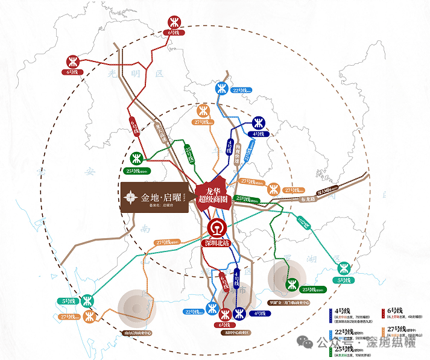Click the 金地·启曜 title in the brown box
point(157,197)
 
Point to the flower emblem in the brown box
point(130,197)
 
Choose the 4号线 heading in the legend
point(341,311)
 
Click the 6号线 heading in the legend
point(393,311)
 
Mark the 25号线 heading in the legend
point(343,349)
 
